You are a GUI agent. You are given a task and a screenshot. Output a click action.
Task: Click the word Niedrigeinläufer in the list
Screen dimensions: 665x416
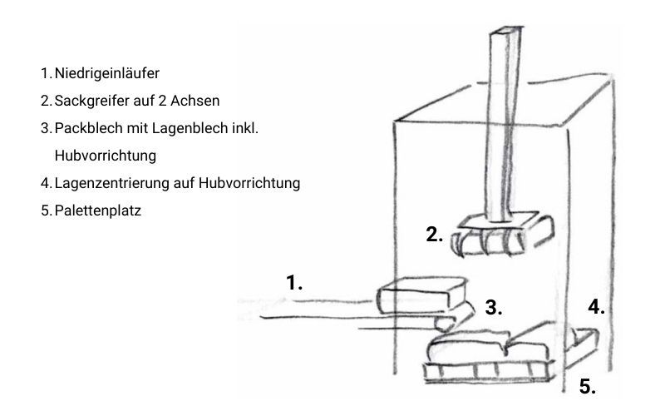click(107, 73)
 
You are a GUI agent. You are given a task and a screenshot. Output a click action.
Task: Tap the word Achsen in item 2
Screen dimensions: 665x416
click(195, 101)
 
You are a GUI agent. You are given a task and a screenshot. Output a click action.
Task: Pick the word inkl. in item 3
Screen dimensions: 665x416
click(245, 128)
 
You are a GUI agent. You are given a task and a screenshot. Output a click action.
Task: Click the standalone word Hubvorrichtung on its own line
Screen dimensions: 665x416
click(106, 156)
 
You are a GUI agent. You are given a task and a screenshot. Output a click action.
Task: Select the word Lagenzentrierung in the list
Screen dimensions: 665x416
click(112, 183)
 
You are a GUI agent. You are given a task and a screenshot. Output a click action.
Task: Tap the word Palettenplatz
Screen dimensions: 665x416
click(97, 210)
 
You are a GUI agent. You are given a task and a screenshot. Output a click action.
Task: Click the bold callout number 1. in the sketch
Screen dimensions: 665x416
click(294, 283)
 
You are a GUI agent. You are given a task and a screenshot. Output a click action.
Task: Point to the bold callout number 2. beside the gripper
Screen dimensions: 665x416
click(434, 235)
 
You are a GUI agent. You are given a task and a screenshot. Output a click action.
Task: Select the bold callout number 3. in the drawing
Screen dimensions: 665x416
click(494, 307)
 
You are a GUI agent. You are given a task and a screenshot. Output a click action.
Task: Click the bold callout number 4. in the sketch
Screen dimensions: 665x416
click(596, 306)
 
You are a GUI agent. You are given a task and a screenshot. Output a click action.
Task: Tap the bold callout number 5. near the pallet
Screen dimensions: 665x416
click(588, 386)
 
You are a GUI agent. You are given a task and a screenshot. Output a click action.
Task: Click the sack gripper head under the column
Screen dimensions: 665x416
click(503, 235)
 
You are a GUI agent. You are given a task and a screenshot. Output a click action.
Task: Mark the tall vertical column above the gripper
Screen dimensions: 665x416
click(505, 123)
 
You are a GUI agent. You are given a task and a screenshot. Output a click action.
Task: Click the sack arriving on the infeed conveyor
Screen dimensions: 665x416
click(422, 295)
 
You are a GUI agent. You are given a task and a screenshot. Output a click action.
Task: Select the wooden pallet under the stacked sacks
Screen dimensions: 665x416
click(490, 371)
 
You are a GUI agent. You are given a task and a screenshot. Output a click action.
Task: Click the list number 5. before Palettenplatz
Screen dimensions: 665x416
click(47, 210)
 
